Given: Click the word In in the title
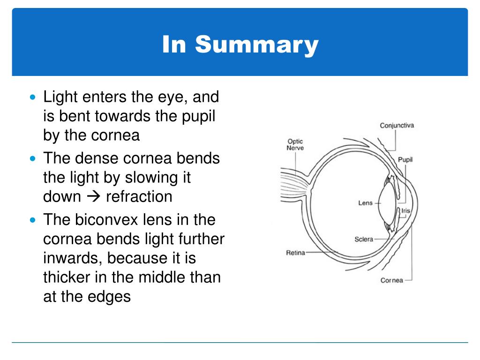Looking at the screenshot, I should click(176, 45).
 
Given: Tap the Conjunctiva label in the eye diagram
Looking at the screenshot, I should click(397, 126).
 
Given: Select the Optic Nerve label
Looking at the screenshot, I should click(295, 144).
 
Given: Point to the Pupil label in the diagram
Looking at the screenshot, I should click(405, 159).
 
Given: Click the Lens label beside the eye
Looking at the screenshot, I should click(365, 203).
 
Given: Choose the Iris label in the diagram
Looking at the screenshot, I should click(405, 211).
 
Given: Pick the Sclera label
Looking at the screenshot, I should click(364, 239).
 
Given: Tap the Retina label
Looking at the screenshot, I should click(295, 253).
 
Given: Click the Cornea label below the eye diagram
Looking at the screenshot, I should click(391, 280).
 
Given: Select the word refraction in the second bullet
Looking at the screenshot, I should click(139, 196).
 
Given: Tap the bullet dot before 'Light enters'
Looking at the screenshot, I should click(32, 98).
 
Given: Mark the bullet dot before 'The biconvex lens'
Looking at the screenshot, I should click(32, 219).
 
